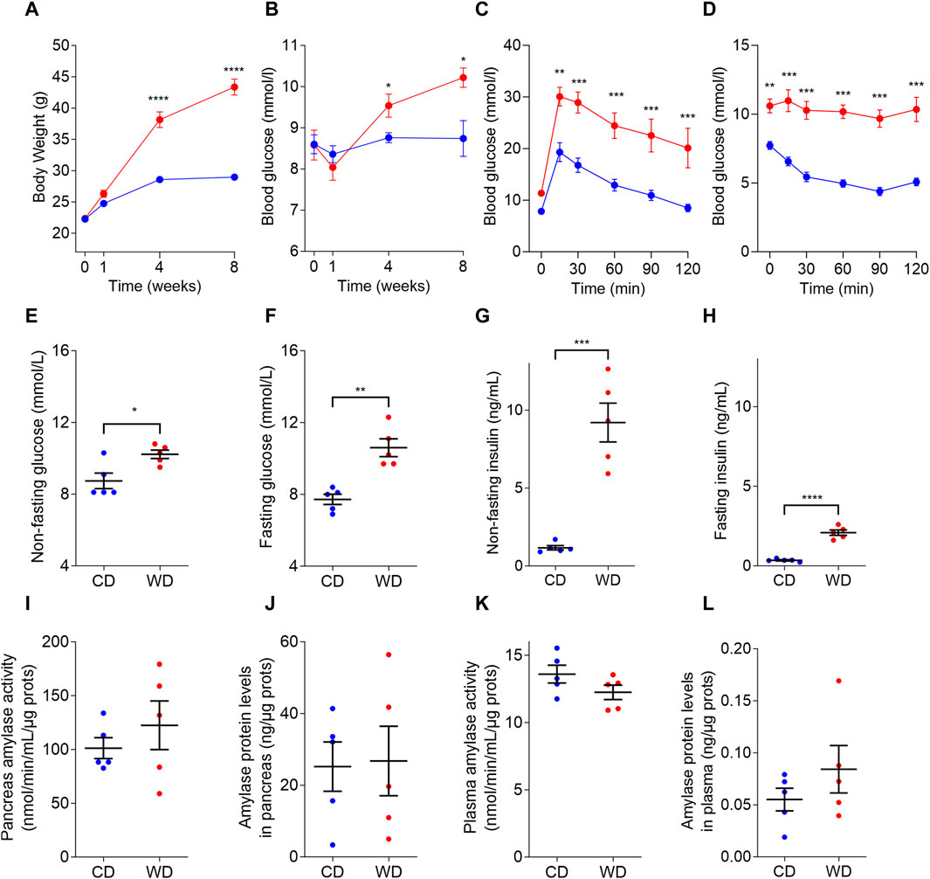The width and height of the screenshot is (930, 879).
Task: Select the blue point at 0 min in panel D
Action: (x=769, y=145)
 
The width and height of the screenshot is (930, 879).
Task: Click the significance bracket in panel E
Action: (x=132, y=425)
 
